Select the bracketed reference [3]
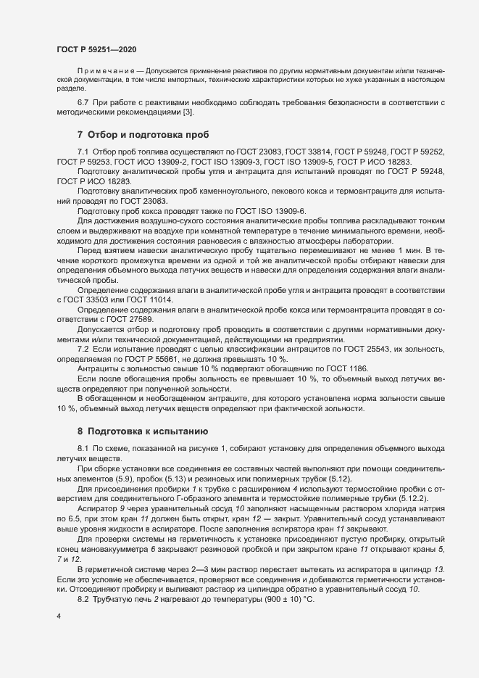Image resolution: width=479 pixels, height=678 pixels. (x=188, y=112)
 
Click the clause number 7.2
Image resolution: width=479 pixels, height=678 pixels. (x=83, y=350)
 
